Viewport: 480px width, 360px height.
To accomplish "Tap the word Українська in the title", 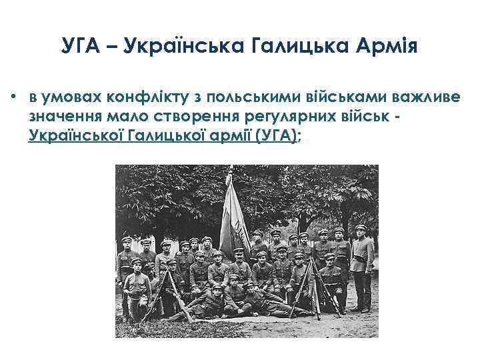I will (x=171, y=47).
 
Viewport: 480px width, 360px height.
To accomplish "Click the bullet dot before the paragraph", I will (x=14, y=97).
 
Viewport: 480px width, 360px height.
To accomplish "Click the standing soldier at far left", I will (x=127, y=273).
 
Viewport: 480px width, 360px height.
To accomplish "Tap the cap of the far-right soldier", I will (x=361, y=228).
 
